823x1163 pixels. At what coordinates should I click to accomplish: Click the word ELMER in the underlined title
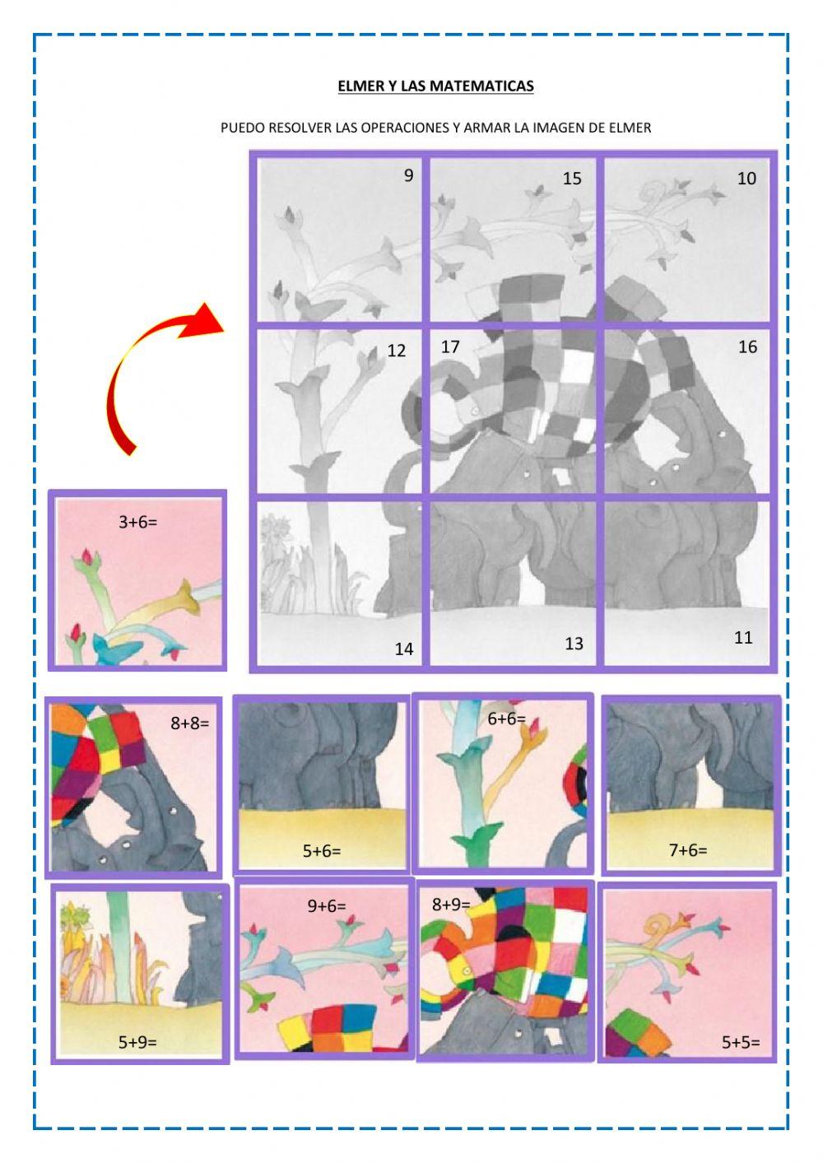tap(360, 86)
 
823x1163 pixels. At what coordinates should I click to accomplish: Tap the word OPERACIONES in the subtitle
tap(395, 128)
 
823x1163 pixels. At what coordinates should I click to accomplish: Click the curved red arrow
tap(156, 374)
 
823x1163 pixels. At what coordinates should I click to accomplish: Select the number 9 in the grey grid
tap(409, 175)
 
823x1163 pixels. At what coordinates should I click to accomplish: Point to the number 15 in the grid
tap(572, 179)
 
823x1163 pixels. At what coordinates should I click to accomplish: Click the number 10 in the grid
tap(746, 179)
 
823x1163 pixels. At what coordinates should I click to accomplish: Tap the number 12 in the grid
tap(396, 351)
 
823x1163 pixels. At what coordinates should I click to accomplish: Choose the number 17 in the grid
tap(450, 347)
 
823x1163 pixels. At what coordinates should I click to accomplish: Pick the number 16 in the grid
tap(747, 347)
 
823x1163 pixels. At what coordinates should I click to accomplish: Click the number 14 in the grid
tap(403, 649)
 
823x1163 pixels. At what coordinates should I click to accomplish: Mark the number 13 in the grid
tap(574, 644)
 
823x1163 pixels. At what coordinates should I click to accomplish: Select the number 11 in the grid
tap(743, 638)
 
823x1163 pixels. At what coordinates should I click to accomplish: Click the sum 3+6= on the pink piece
tap(137, 522)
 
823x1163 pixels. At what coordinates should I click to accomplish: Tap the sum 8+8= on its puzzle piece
tap(190, 723)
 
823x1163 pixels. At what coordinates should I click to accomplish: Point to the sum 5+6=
tap(322, 850)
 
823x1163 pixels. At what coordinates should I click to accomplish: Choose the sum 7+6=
tap(688, 850)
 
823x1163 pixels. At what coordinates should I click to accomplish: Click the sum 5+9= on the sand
tap(137, 1042)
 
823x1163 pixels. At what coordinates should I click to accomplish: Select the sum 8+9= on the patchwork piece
tap(451, 905)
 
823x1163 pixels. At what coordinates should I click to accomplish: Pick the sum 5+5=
tap(741, 1042)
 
